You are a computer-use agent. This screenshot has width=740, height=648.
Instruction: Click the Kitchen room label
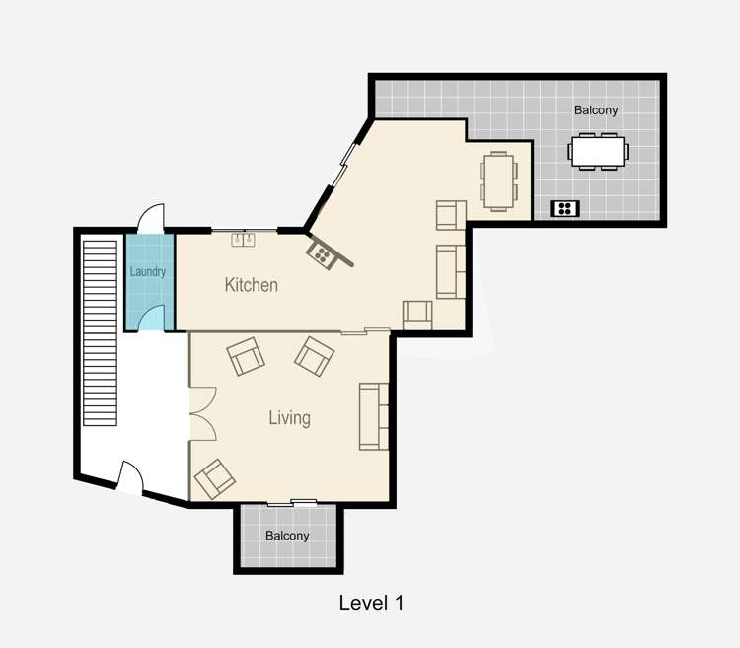coord(252,285)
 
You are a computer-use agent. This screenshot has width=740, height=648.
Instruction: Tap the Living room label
coord(289,418)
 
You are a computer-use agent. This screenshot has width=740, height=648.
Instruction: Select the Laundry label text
coord(148,271)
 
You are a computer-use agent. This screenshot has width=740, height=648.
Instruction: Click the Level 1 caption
coord(371,602)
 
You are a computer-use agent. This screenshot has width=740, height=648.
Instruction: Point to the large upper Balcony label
coord(596,110)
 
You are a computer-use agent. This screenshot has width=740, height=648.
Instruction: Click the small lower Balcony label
coord(287,536)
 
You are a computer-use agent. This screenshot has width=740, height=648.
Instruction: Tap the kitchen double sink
coord(244,238)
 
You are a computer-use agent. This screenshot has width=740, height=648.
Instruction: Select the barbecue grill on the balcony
coord(565,208)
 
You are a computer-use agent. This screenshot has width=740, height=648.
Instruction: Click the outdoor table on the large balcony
coord(598,152)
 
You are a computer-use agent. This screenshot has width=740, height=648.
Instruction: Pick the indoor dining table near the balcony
coord(497,180)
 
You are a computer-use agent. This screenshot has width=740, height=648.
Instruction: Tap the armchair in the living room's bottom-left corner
coord(215,479)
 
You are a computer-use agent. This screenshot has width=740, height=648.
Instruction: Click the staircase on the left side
coord(101,330)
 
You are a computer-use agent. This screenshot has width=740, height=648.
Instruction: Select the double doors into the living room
coord(201,412)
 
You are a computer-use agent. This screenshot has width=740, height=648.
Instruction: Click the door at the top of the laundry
coord(151,217)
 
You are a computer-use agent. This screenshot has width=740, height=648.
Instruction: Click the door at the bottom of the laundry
coord(151,319)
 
